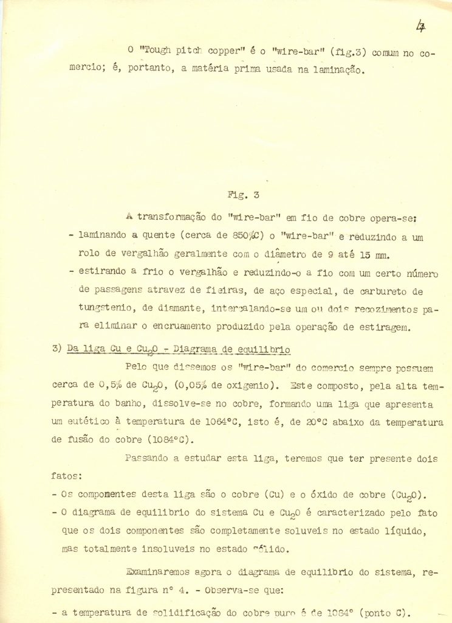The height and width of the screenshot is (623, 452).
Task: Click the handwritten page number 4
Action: coord(420,26)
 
